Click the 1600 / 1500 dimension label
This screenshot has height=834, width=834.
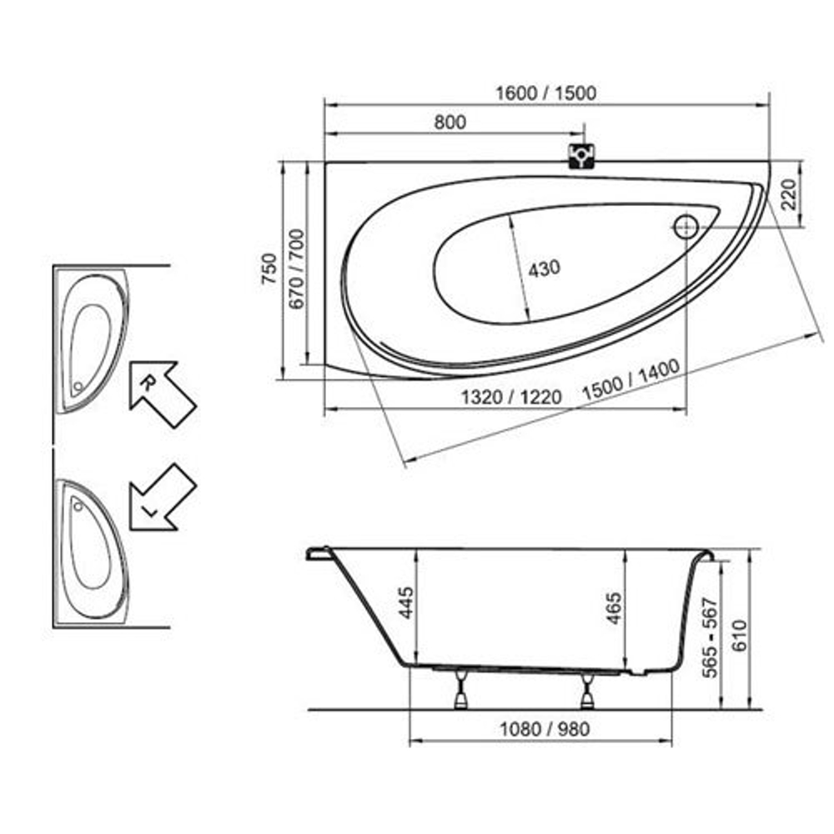pos(546,93)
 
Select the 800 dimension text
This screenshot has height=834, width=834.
pos(450,122)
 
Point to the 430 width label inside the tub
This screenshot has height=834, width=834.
pos(545,269)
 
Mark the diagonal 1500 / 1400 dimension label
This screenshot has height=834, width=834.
pos(632,381)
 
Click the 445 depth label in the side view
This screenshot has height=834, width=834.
pos(406,602)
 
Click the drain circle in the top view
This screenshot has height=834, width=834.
pos(687,226)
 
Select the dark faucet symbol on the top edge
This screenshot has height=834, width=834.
pos(581,156)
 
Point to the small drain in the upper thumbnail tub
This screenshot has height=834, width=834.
pos(78,386)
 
